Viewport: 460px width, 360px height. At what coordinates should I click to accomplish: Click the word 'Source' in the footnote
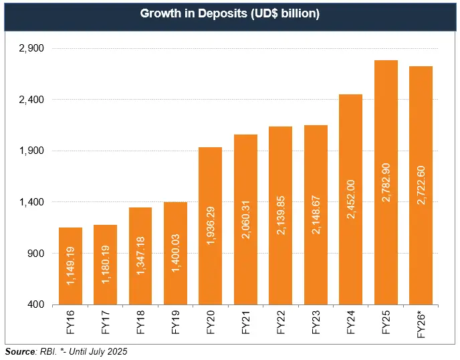pos(20,351)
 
